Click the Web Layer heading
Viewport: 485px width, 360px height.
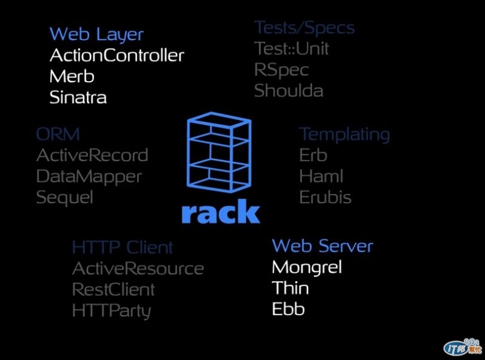pos(96,34)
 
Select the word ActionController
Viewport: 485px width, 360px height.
pos(116,55)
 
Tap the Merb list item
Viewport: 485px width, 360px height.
pos(72,76)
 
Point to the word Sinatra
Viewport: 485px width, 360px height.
pos(78,97)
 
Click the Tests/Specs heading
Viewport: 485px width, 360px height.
pos(304,28)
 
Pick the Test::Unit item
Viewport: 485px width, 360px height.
pos(292,48)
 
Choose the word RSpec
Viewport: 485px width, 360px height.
pos(281,70)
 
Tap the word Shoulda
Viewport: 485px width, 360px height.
pos(289,91)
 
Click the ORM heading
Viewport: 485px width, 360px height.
pos(58,134)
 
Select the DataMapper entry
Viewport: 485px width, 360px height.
pos(89,176)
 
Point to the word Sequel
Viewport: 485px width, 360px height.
pos(64,198)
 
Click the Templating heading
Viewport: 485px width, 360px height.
pos(344,134)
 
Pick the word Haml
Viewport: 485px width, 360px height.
pos(321,176)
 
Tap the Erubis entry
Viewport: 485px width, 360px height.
pos(325,198)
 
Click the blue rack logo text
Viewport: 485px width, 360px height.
pos(221,212)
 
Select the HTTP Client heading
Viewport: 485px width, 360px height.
pos(122,247)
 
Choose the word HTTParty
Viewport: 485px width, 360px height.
pos(111,311)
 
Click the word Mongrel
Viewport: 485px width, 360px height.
pos(307,267)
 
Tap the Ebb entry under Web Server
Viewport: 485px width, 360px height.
pos(288,309)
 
